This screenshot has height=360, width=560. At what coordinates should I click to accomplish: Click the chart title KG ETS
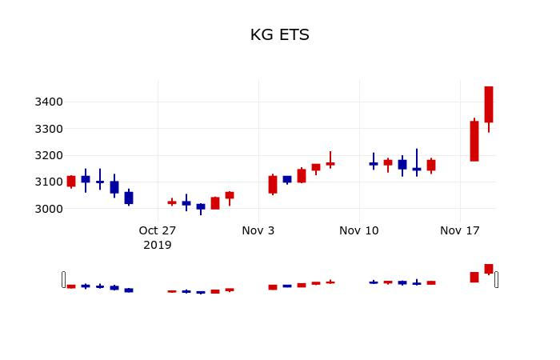coord(279,35)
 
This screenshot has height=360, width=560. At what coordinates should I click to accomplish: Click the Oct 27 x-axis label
coord(158,230)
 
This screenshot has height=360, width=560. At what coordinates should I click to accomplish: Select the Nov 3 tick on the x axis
coord(258,230)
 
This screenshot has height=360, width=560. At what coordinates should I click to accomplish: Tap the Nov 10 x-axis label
coord(359,230)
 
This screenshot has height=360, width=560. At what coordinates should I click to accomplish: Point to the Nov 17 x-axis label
coord(460,230)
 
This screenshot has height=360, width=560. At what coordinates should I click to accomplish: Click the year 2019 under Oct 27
coord(158,245)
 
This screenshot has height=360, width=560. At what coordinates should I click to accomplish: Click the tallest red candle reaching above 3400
coord(489,105)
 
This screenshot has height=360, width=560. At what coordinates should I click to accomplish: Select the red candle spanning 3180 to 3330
coord(474,142)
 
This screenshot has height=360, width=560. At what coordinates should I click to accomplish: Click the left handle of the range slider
coord(63,279)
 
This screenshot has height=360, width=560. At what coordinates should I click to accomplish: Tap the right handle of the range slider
coord(496,279)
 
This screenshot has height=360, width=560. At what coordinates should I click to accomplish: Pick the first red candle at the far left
coord(71,182)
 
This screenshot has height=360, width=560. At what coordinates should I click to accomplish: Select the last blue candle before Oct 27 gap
coord(129,198)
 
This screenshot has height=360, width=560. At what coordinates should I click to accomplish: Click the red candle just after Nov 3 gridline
coord(273,185)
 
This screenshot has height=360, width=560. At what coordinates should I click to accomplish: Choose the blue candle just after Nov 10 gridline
coord(374,163)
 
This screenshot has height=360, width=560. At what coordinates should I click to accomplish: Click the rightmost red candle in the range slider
coord(489,269)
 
